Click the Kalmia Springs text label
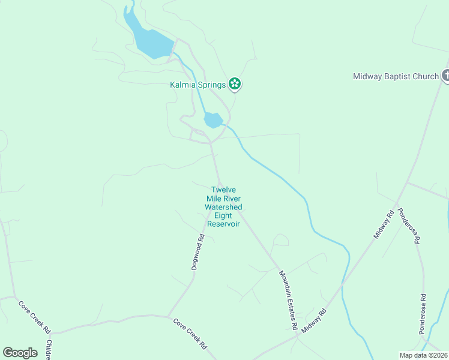click(197, 85)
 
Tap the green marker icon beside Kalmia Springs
click(235, 85)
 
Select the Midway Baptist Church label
click(396, 76)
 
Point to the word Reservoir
click(223, 224)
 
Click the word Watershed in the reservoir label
click(223, 207)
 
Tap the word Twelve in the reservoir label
click(223, 190)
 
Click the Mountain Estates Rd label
click(289, 300)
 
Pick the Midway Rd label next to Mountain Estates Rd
click(315, 322)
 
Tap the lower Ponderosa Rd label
click(423, 313)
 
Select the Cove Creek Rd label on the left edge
click(35, 317)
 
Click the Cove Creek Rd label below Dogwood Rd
click(190, 334)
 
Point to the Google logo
click(20, 353)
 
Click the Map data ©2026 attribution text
click(423, 355)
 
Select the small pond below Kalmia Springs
click(213, 120)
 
